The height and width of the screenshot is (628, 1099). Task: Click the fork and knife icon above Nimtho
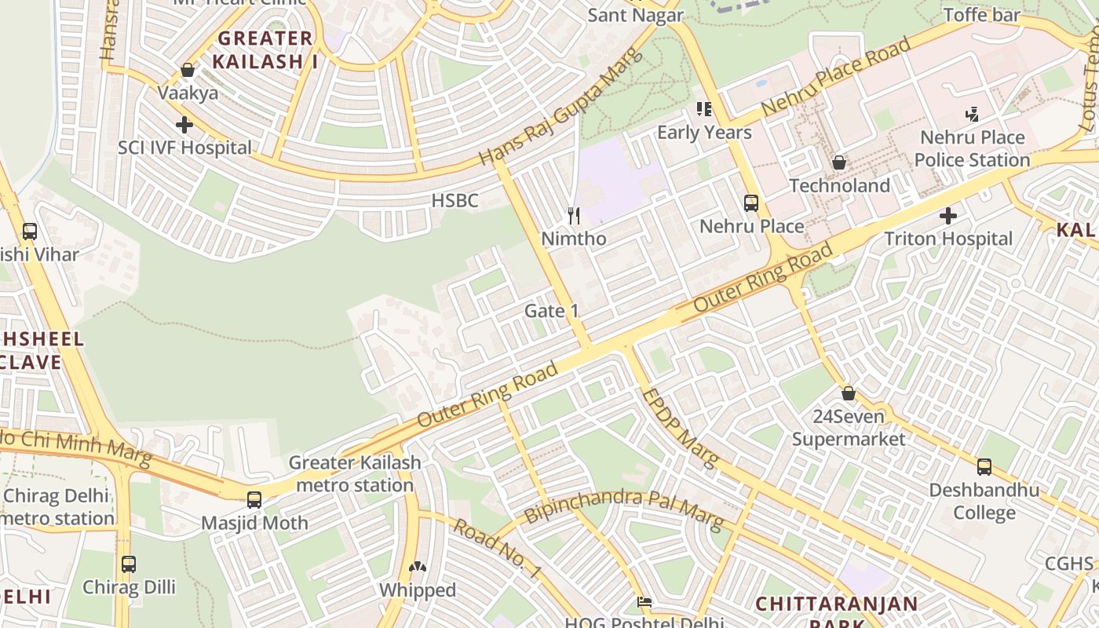pyautogui.click(x=574, y=215)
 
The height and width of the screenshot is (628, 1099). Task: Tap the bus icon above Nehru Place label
pyautogui.click(x=751, y=203)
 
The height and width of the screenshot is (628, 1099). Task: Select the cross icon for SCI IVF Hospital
pyautogui.click(x=184, y=125)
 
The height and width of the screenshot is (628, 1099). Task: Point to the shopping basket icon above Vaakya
pyautogui.click(x=188, y=71)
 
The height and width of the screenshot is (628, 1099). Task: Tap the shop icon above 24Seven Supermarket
pyautogui.click(x=849, y=393)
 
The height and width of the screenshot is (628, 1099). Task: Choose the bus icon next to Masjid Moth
pyautogui.click(x=254, y=500)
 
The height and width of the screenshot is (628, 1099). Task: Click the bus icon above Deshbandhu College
pyautogui.click(x=984, y=467)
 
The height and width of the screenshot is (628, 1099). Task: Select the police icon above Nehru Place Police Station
pyautogui.click(x=972, y=115)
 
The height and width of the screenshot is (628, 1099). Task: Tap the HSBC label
pyautogui.click(x=455, y=201)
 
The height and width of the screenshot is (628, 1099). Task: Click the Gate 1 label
pyautogui.click(x=551, y=311)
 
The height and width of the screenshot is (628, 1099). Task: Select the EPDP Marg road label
pyautogui.click(x=680, y=428)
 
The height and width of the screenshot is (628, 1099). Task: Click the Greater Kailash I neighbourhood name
pyautogui.click(x=266, y=49)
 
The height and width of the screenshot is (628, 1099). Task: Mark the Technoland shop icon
pyautogui.click(x=839, y=162)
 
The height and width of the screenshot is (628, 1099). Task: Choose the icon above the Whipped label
pyautogui.click(x=418, y=566)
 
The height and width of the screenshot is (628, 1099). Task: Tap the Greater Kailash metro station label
pyautogui.click(x=355, y=474)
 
